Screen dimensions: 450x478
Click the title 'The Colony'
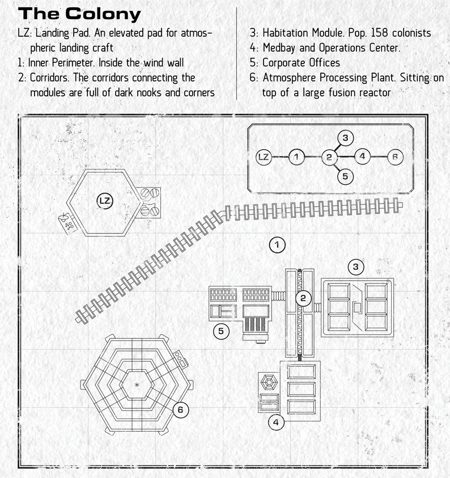[79, 14]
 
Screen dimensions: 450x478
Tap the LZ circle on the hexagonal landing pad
[104, 201]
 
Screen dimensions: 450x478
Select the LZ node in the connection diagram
[264, 157]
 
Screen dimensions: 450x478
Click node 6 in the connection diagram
[395, 156]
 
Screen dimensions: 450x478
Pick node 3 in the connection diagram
[345, 138]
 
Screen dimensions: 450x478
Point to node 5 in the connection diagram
[345, 176]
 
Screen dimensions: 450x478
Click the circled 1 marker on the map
[277, 245]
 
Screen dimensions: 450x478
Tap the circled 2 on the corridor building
[303, 298]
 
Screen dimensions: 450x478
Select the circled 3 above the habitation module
[356, 267]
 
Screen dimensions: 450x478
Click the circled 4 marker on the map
[276, 422]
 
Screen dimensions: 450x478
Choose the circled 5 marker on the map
[221, 331]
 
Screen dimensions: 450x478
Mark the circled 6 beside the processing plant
[180, 409]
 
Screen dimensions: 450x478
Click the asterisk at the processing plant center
[137, 384]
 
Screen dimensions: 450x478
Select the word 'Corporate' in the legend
[284, 63]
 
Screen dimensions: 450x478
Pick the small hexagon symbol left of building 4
[269, 382]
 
